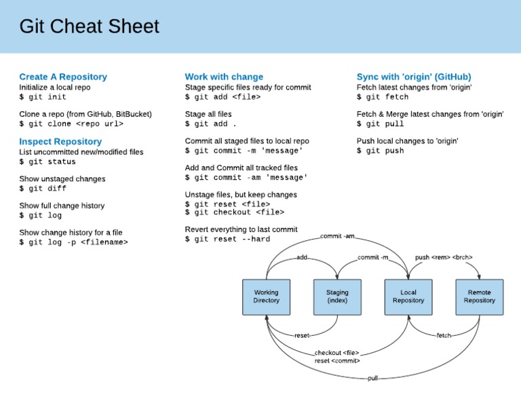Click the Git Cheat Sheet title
click(89, 26)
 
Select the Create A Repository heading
click(63, 77)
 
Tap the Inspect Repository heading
click(60, 141)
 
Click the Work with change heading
click(224, 77)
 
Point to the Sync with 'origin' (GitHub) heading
click(414, 77)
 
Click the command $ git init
click(43, 97)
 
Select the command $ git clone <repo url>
click(71, 124)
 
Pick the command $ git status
click(47, 161)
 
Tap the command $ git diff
click(43, 189)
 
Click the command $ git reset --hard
click(227, 239)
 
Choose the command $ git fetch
click(383, 97)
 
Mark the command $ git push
click(380, 151)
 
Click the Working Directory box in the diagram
click(266, 296)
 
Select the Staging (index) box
click(337, 296)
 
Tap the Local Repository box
click(408, 296)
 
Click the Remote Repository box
click(479, 296)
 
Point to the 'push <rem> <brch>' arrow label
click(444, 257)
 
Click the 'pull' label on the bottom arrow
click(372, 378)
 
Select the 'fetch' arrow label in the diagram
click(444, 335)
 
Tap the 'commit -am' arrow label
click(337, 235)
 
